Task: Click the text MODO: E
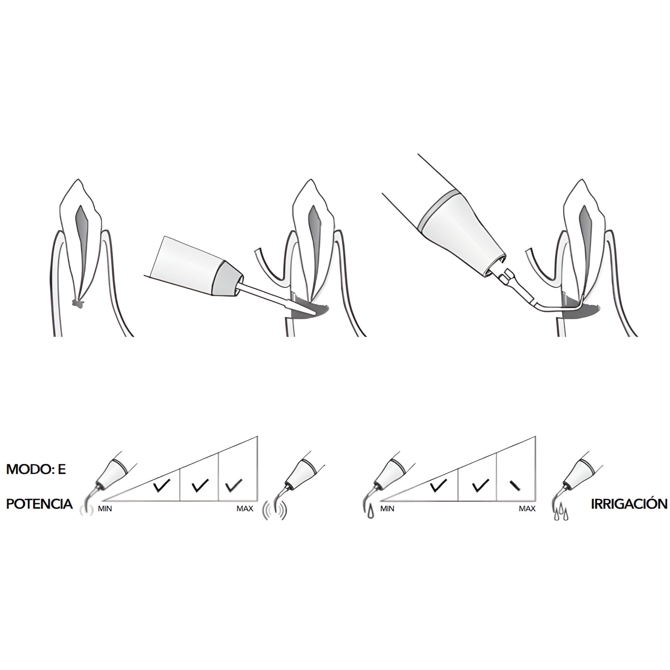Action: [x=36, y=470]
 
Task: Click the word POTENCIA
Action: [x=40, y=504]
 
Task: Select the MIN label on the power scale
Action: [x=105, y=509]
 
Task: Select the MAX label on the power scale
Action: [x=245, y=509]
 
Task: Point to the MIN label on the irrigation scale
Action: [x=387, y=509]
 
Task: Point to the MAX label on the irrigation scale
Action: [x=527, y=509]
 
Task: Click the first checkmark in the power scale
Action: [x=162, y=486]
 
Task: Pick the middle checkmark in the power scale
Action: [x=200, y=486]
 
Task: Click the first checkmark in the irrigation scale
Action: [x=438, y=486]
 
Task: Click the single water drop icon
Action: [x=371, y=514]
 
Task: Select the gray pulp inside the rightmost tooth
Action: [x=586, y=236]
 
